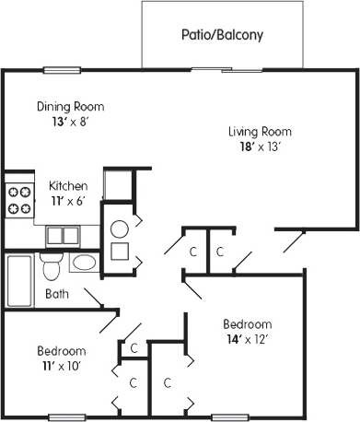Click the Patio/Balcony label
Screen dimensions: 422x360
coord(221,35)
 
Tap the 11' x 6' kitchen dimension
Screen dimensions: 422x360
coord(67,201)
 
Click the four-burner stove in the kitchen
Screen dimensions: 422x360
coord(19,200)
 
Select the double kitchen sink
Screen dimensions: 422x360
coord(62,234)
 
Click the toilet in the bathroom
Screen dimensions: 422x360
coord(52,266)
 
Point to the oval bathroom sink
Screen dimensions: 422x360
coord(83,263)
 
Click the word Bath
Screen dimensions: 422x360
coord(56,295)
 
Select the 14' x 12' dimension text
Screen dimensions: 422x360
coord(247,340)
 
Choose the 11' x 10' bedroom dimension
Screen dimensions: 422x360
coord(61,367)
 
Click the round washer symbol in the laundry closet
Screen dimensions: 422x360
coord(120,229)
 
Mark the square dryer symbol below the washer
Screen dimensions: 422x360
coord(120,252)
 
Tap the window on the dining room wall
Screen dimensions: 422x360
coord(62,69)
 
